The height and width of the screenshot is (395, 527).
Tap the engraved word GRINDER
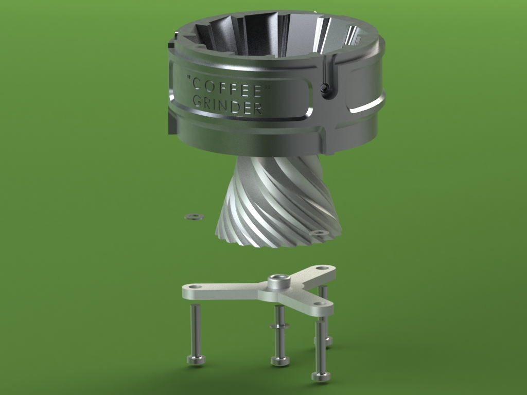pyautogui.click(x=228, y=104)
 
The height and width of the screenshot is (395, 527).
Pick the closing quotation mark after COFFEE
pyautogui.click(x=268, y=88)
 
